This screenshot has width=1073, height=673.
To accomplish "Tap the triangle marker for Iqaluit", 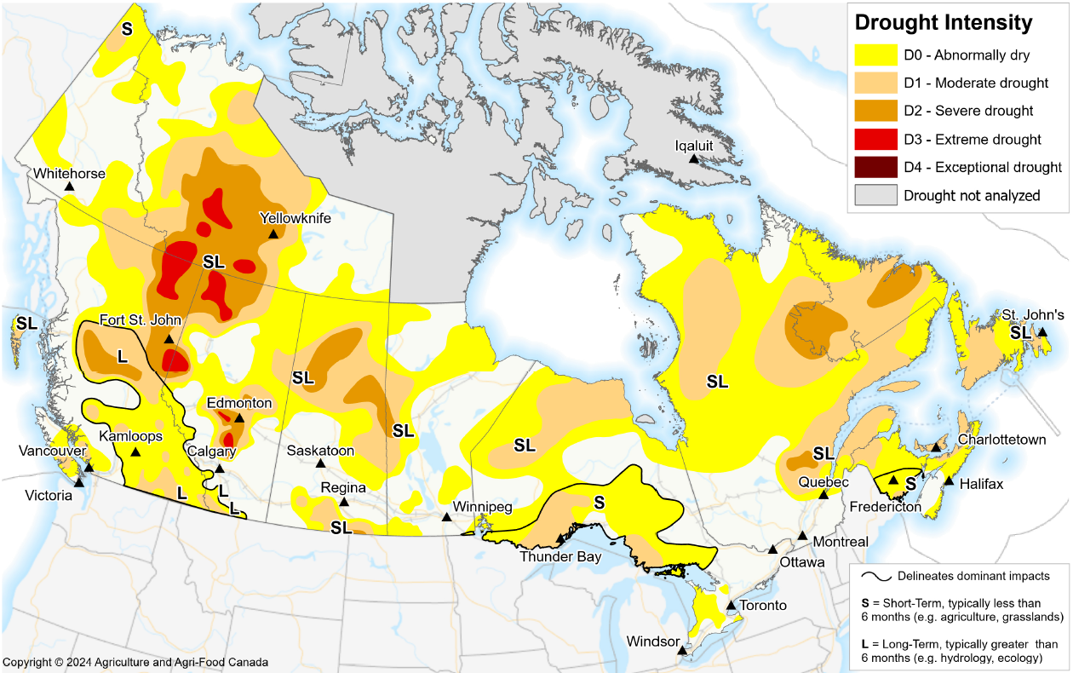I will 694,158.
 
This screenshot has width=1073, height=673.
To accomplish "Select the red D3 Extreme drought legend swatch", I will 875,139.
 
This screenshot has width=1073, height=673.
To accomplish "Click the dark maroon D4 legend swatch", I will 875,167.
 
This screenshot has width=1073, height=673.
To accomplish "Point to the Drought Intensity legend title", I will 943,22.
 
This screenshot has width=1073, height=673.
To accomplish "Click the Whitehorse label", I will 70,174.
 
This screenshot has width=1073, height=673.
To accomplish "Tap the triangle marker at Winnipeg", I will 446,517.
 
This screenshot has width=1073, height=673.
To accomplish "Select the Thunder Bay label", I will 561,557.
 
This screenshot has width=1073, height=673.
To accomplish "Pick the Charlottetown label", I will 1001,440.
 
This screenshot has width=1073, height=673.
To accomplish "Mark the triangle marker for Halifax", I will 948,481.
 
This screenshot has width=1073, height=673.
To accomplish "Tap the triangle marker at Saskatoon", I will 321,463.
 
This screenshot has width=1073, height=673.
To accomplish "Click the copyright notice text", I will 135,662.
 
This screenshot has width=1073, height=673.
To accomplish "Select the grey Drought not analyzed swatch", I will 875,195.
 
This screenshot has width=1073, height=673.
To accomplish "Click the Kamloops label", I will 130,436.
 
